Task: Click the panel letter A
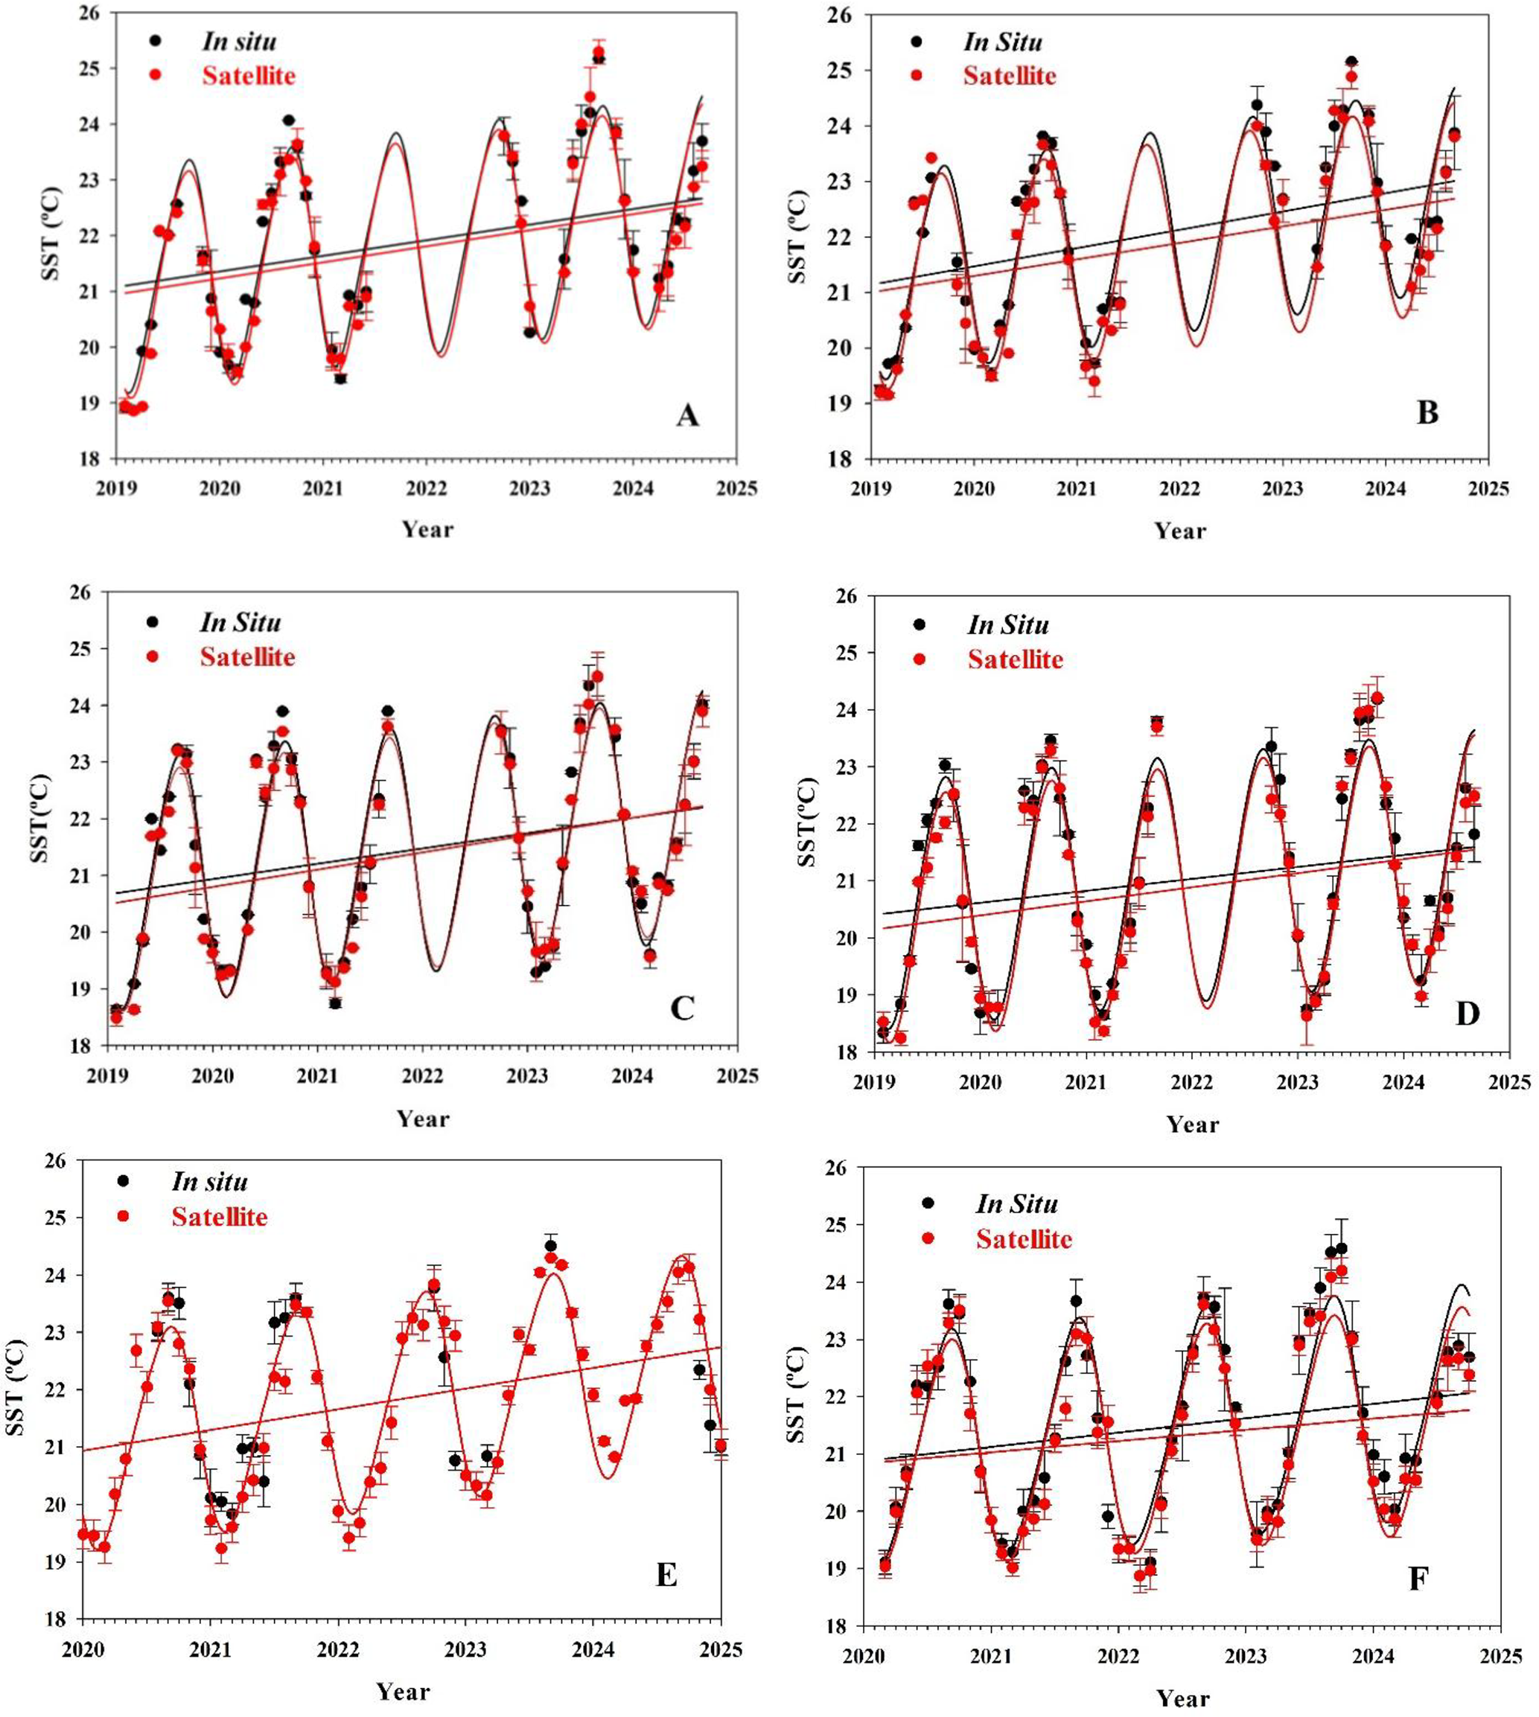tap(687, 415)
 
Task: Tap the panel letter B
tap(1427, 412)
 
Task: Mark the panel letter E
tap(666, 1576)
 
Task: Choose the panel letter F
tap(1418, 1579)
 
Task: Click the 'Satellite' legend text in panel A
tap(249, 75)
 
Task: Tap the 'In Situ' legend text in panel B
tap(1003, 42)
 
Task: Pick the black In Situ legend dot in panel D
tap(920, 624)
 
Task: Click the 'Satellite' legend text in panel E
tap(219, 1217)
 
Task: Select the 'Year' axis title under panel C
tap(423, 1119)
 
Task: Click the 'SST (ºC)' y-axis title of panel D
tap(809, 822)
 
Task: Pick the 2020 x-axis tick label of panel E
tap(82, 1649)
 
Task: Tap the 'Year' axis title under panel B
tap(1180, 531)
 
